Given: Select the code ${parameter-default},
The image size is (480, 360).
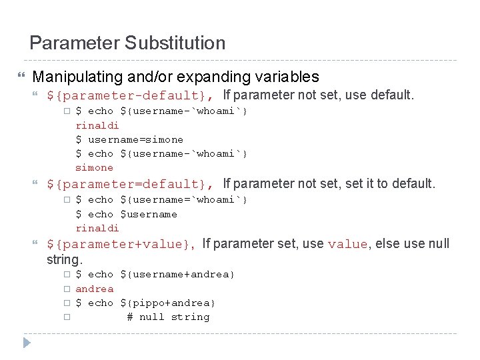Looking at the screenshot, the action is [x=131, y=95].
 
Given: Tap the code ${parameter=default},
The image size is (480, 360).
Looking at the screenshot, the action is [x=131, y=183].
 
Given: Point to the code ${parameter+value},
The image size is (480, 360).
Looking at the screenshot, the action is [x=121, y=244].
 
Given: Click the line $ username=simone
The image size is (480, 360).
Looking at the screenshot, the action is [x=129, y=139].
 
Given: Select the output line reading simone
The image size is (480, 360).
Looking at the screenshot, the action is [x=94, y=167].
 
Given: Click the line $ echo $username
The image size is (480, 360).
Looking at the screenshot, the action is [x=126, y=214].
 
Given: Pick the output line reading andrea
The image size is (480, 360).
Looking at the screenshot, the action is [x=94, y=289].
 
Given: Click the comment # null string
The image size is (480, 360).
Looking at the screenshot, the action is [x=168, y=317].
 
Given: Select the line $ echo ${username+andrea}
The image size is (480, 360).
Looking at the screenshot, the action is [x=155, y=274].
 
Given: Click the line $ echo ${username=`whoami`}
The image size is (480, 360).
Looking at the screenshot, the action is [x=161, y=199].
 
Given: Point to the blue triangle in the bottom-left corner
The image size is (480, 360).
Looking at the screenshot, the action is [x=26, y=343].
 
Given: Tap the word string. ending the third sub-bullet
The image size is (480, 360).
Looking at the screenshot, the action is [x=63, y=259].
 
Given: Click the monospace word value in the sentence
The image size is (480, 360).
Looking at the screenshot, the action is [x=347, y=245].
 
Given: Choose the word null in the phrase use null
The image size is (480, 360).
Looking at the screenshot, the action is [x=437, y=244].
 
